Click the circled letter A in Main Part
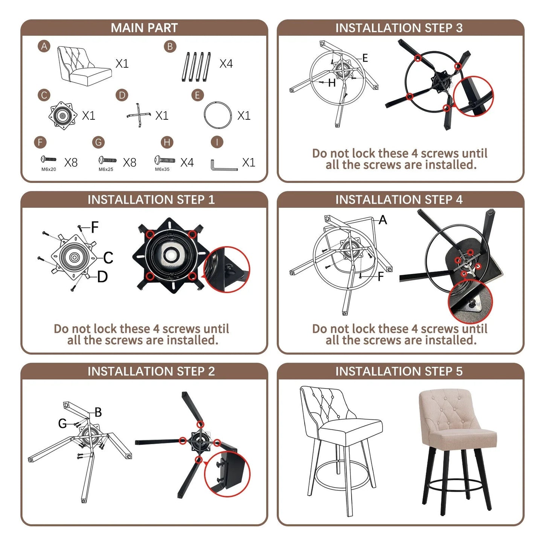pyautogui.click(x=44, y=46)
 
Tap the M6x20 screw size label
pyautogui.click(x=49, y=169)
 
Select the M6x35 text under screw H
pyautogui.click(x=162, y=169)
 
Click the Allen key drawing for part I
pyautogui.click(x=224, y=165)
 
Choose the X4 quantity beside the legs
pyautogui.click(x=226, y=64)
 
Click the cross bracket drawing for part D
pyautogui.click(x=139, y=115)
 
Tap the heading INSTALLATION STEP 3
pyautogui.click(x=399, y=28)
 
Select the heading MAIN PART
pyautogui.click(x=144, y=28)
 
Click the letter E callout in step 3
pyautogui.click(x=365, y=58)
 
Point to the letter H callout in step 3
pyautogui.click(x=332, y=83)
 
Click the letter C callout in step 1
pyautogui.click(x=108, y=258)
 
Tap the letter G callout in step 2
pyautogui.click(x=62, y=423)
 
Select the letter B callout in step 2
pyautogui.click(x=98, y=412)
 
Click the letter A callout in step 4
pyautogui.click(x=382, y=219)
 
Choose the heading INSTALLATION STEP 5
pyautogui.click(x=399, y=371)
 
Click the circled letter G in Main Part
pyautogui.click(x=98, y=142)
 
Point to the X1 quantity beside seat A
pyautogui.click(x=122, y=64)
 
